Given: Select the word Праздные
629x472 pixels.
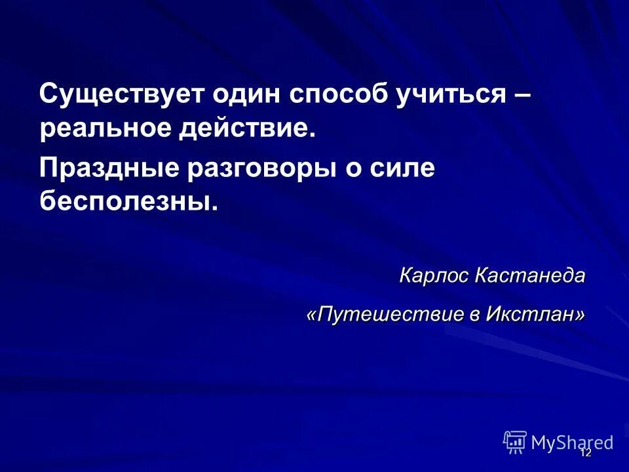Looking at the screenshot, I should tap(107, 169).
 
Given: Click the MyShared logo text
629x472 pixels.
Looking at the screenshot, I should tap(572, 442).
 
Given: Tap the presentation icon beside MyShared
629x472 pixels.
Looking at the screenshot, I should tap(514, 442).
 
